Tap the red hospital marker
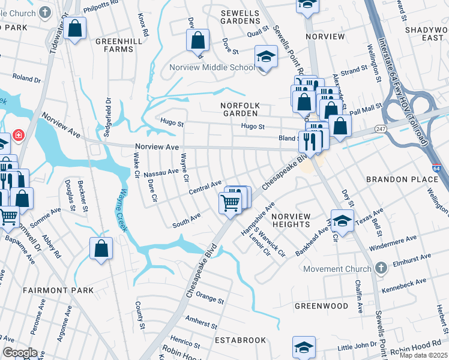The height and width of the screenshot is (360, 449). click(x=19, y=136)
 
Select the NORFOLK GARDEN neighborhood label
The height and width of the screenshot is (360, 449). click(x=239, y=109)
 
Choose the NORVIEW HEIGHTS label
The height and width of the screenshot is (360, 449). click(x=291, y=220)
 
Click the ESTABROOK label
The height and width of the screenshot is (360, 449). click(x=240, y=340)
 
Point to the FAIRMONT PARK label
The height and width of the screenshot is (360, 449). click(x=58, y=290)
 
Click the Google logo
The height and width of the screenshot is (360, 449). click(x=20, y=352)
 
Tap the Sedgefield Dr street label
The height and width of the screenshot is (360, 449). click(x=108, y=118)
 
